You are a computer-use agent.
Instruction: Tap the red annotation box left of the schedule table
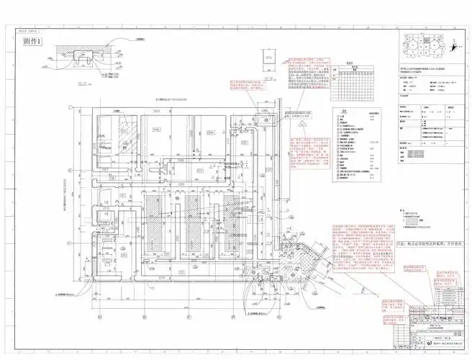coord(309,80)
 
